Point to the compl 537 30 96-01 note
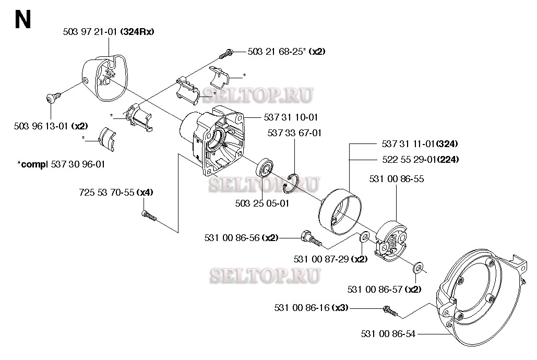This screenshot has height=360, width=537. tap(62, 164)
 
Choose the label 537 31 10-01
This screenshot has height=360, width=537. tap(292, 117)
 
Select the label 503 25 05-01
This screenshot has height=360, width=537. tap(263, 203)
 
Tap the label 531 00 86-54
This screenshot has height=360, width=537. tap(388, 334)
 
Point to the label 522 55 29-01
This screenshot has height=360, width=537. tap(409, 159)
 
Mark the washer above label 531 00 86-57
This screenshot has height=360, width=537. tap(418, 269)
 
